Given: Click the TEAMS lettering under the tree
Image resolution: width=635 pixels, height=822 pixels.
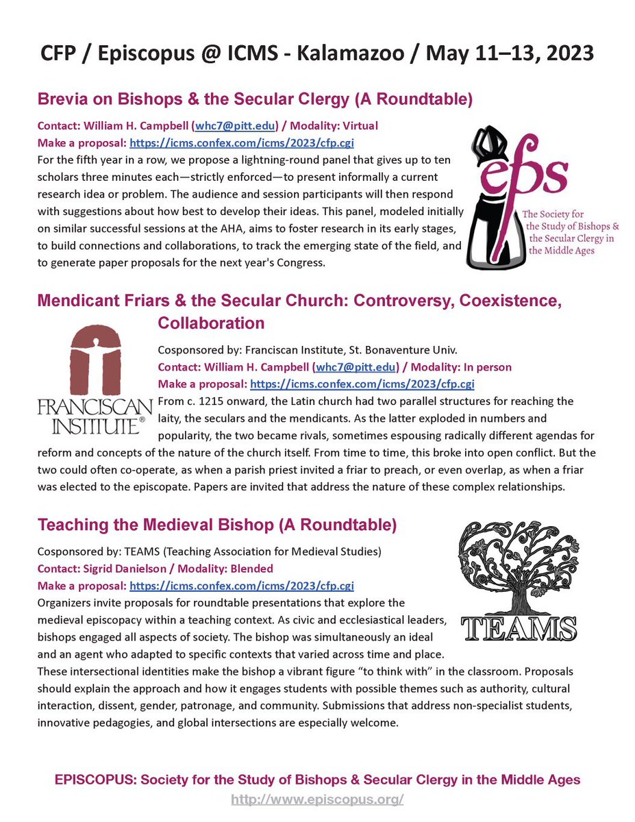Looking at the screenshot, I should click(518, 626).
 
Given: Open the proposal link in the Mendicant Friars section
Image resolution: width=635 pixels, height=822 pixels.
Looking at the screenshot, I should click(362, 384).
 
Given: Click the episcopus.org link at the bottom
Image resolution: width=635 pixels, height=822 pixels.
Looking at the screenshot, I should click(317, 799).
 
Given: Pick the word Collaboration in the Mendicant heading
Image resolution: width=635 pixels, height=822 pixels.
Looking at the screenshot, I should click(211, 322).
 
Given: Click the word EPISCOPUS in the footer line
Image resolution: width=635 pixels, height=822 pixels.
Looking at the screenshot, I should click(91, 780).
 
